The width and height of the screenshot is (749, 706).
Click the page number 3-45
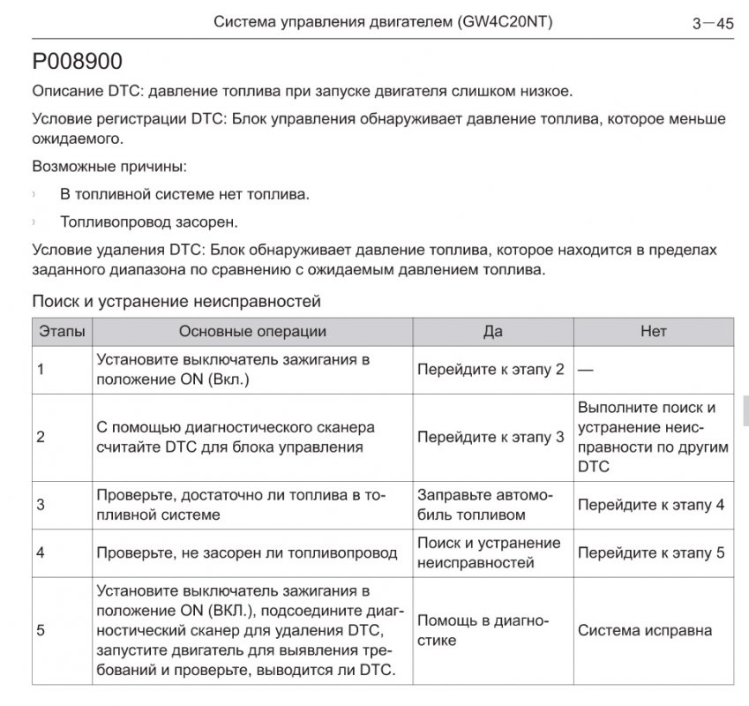click(713, 24)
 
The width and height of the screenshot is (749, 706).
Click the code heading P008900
click(77, 64)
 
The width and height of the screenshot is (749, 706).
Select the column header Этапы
click(62, 331)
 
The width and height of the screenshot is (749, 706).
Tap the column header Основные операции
click(252, 331)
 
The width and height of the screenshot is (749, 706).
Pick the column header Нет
click(653, 331)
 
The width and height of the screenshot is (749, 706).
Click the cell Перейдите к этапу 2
click(490, 369)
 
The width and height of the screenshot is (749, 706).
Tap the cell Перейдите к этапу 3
click(490, 437)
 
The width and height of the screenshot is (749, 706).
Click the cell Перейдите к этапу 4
click(651, 505)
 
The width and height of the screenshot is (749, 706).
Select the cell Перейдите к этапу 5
click(651, 553)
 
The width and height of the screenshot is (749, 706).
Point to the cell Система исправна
click(645, 630)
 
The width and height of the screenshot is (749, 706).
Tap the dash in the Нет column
click(586, 370)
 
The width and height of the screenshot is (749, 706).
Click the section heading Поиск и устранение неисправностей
click(176, 302)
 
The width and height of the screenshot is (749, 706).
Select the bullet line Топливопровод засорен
click(148, 222)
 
